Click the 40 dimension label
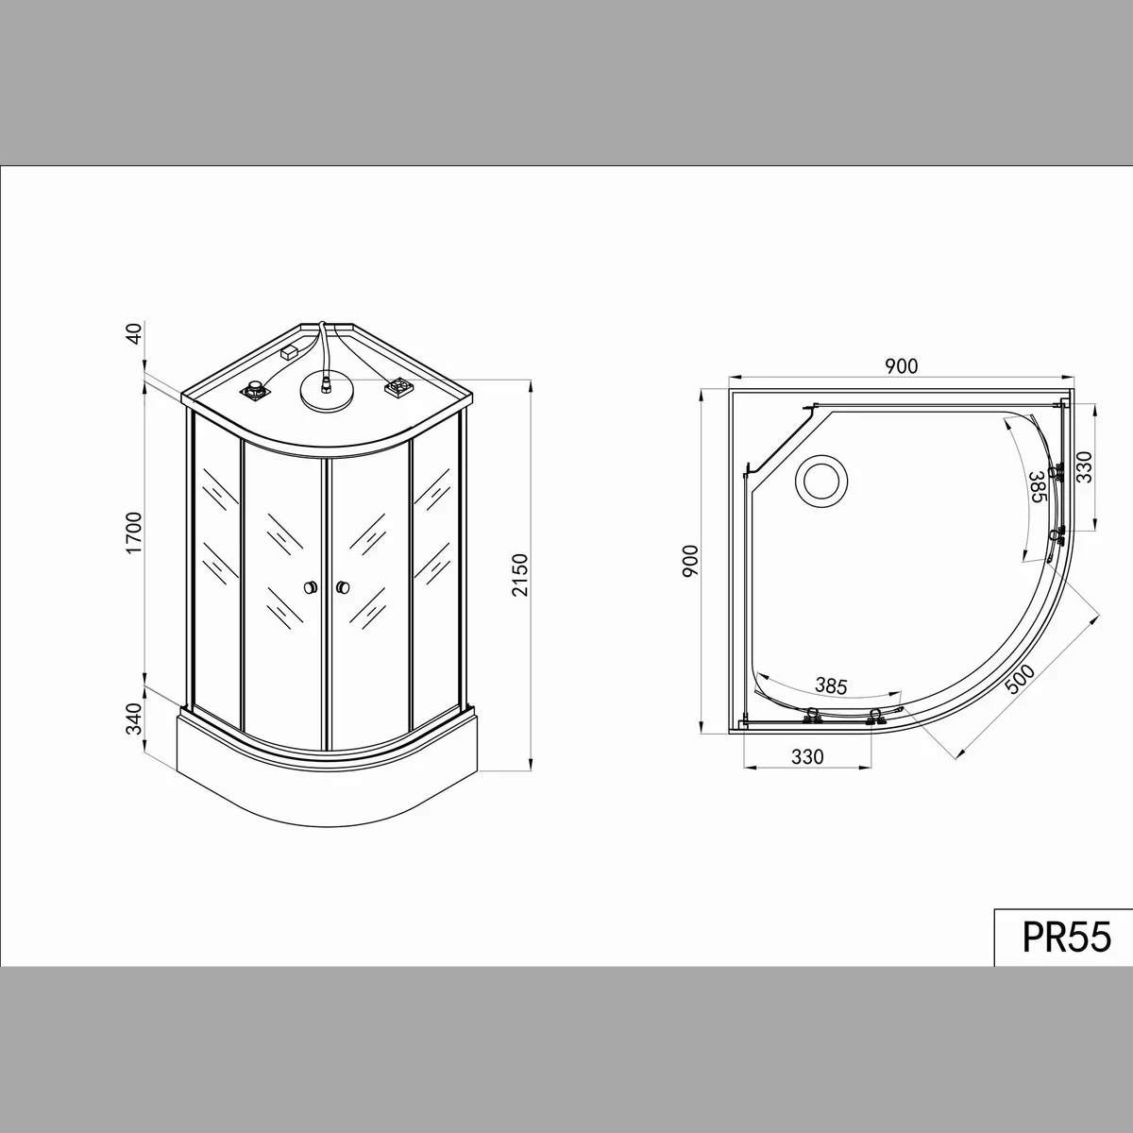pyautogui.click(x=135, y=333)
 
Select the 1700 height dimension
pyautogui.click(x=135, y=533)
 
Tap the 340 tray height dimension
pyautogui.click(x=135, y=719)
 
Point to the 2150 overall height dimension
pyautogui.click(x=520, y=575)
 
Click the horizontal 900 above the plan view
pyautogui.click(x=901, y=366)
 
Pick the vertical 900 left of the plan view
pyautogui.click(x=690, y=561)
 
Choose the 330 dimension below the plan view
pyautogui.click(x=807, y=757)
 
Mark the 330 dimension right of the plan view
pyautogui.click(x=1084, y=466)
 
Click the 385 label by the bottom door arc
pyautogui.click(x=831, y=685)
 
